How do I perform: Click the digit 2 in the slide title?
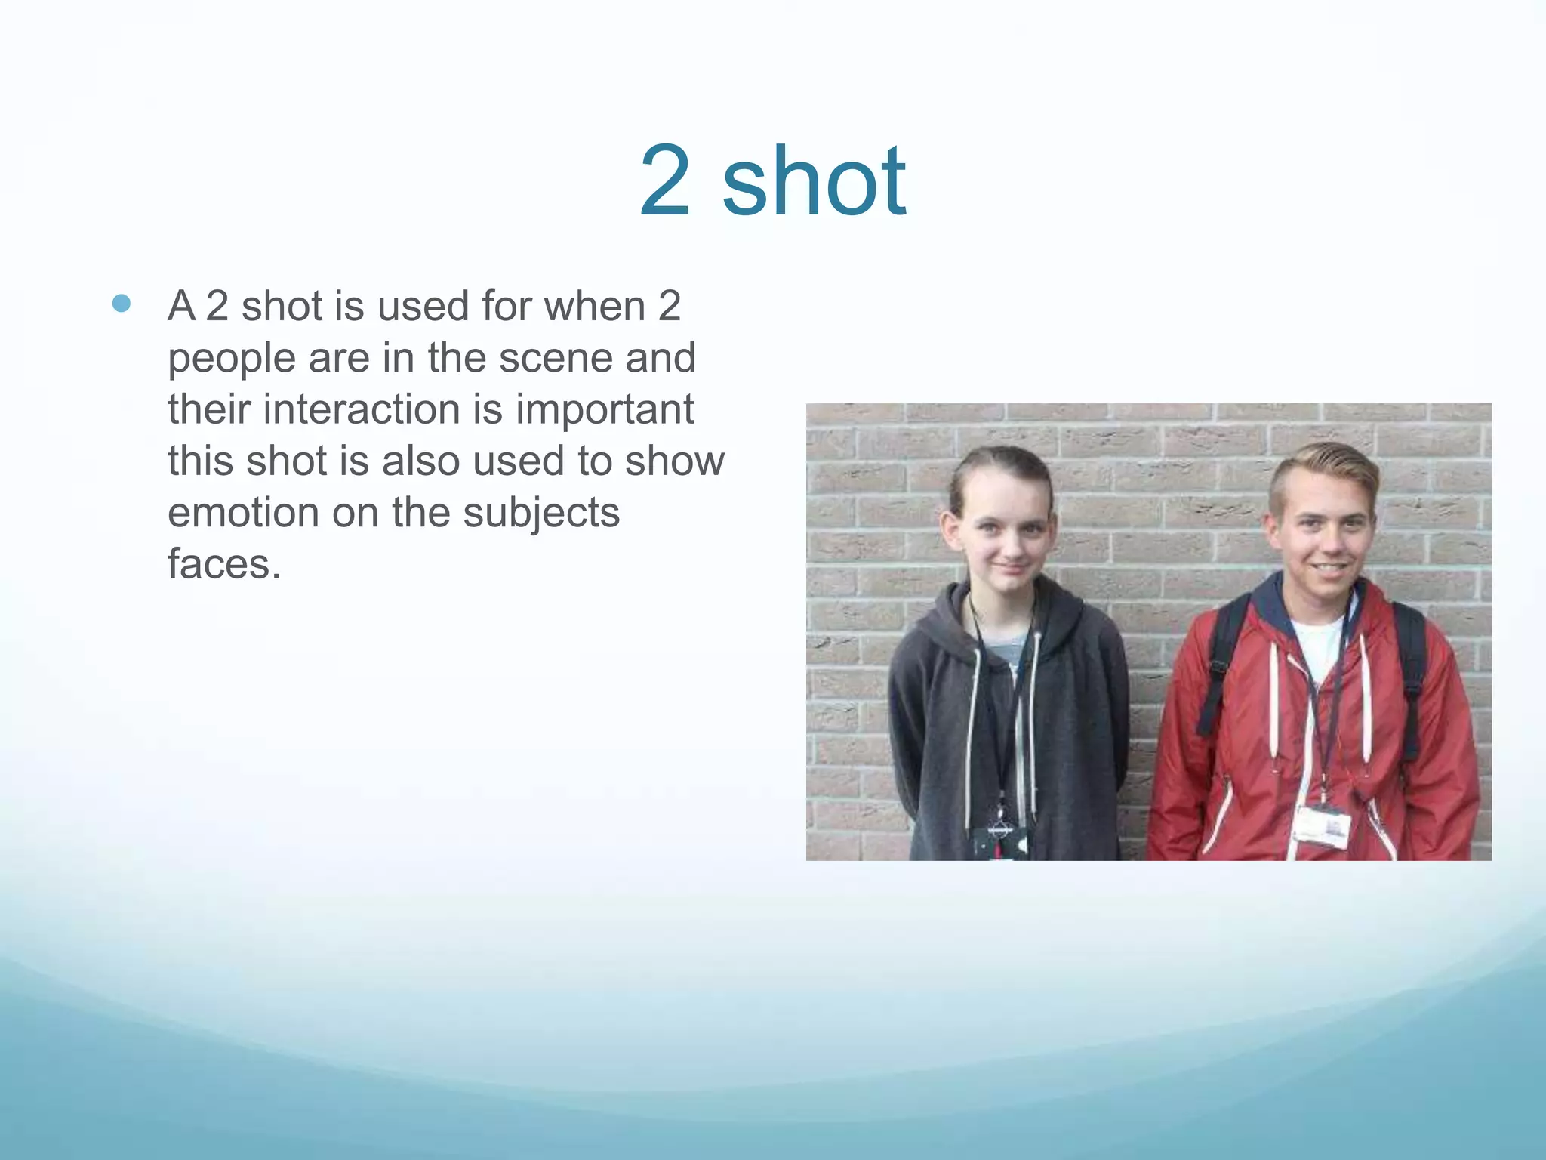click(x=665, y=181)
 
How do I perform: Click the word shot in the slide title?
click(x=814, y=181)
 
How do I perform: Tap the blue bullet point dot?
click(x=121, y=304)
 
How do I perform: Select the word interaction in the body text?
click(x=361, y=409)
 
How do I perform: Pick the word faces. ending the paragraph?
click(x=224, y=564)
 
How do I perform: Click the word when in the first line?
click(x=595, y=307)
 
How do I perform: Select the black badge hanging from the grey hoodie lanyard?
click(x=998, y=842)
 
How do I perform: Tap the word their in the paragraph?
click(x=208, y=409)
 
